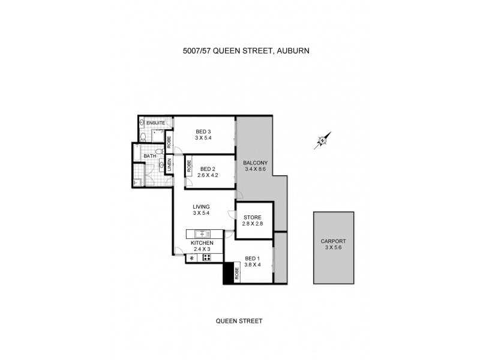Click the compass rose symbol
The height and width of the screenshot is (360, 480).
pyautogui.click(x=322, y=141)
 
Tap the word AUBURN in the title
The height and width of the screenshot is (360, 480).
pyautogui.click(x=293, y=51)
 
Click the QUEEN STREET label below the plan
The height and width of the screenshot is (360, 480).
pyautogui.click(x=239, y=321)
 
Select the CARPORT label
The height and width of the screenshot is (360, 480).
pyautogui.click(x=333, y=241)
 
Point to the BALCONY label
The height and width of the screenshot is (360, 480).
pyautogui.click(x=255, y=163)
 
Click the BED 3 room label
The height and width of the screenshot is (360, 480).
pyautogui.click(x=203, y=131)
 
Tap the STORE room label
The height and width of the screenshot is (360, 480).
pyautogui.click(x=252, y=217)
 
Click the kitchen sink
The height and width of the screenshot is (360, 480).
pyautogui.click(x=203, y=233)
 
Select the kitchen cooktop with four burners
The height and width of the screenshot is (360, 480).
pyautogui.click(x=207, y=258)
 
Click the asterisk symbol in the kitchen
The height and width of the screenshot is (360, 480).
pyautogui.click(x=192, y=258)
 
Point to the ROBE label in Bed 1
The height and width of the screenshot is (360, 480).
pyautogui.click(x=237, y=274)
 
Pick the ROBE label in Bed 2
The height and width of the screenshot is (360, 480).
pyautogui.click(x=189, y=166)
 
